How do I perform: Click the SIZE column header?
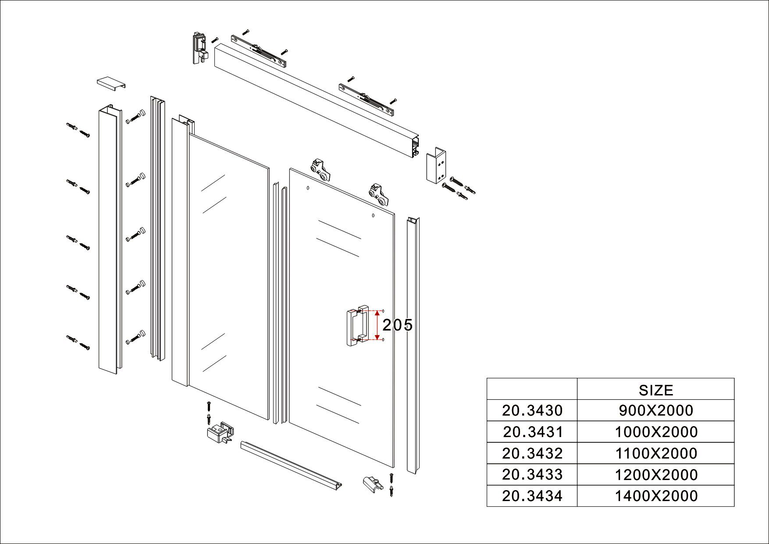(x=656, y=390)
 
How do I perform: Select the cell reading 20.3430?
(x=532, y=410)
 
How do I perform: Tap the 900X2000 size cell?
(x=656, y=410)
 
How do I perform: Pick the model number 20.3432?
(x=532, y=453)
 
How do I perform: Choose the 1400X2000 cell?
(x=656, y=496)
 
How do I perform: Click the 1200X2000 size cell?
(x=656, y=475)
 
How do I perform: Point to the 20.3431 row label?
(x=532, y=432)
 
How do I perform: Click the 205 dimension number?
(x=398, y=325)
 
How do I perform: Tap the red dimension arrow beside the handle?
(x=377, y=325)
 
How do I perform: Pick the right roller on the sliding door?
(x=378, y=194)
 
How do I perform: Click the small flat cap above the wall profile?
(x=111, y=83)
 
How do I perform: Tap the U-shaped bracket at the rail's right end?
(x=436, y=165)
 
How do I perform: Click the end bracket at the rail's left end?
(x=200, y=47)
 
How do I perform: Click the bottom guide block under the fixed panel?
(x=220, y=433)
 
